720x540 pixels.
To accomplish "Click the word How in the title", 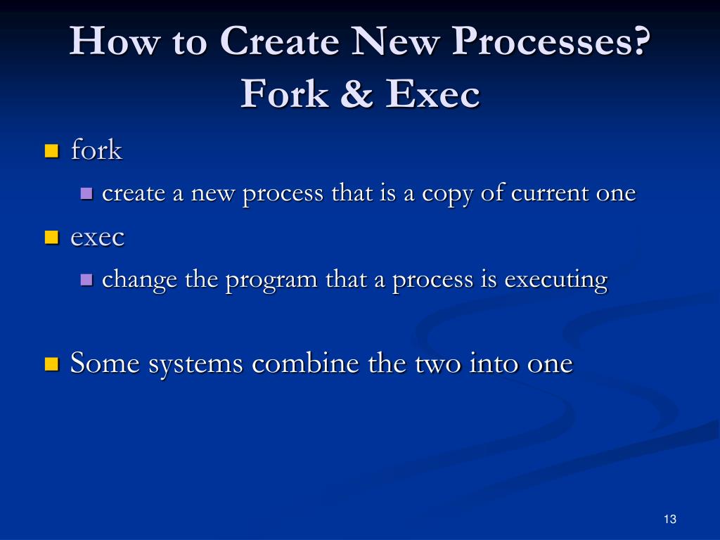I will pos(106,41).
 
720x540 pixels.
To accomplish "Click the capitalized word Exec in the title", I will pos(432,94).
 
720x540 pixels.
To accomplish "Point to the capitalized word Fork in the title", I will pos(284,94).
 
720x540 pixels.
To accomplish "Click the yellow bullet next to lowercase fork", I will pos(51,150).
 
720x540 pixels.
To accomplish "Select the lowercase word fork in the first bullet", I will pos(96,150).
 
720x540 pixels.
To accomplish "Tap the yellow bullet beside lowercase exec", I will pos(51,237).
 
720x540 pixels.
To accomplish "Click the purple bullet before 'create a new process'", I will pos(87,193).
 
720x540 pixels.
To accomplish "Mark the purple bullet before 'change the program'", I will pos(87,280).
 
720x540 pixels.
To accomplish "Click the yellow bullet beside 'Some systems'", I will pos(51,364).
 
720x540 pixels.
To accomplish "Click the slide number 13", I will pos(669,519).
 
